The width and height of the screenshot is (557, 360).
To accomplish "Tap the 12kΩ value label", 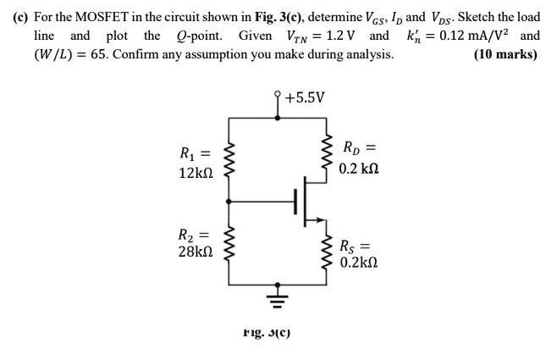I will (x=196, y=173).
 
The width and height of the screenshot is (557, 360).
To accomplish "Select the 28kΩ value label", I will (x=196, y=252).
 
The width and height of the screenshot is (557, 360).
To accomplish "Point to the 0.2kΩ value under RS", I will (x=358, y=263).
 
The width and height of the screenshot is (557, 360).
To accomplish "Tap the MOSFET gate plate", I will (x=295, y=202).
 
